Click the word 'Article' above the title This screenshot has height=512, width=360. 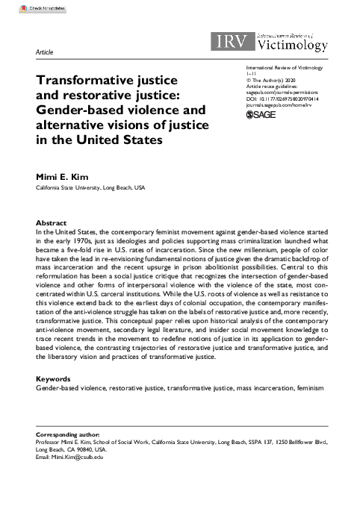44,52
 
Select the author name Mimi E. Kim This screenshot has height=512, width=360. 63,178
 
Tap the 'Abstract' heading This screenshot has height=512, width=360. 52,223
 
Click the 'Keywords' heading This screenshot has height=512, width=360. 54,378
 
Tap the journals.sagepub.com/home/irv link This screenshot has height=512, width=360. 274,104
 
